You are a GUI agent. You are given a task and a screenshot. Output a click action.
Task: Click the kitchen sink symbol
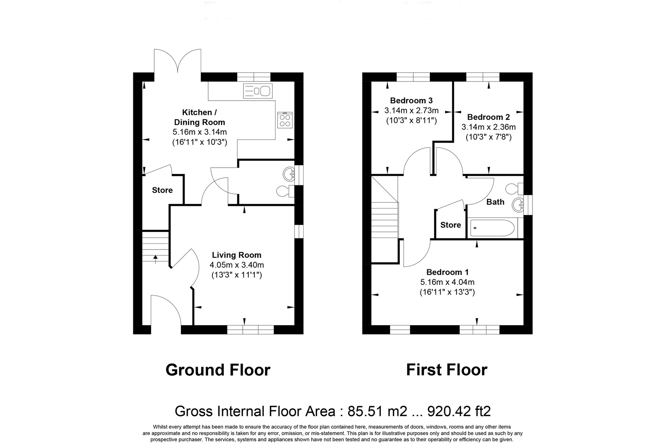tap(258, 90)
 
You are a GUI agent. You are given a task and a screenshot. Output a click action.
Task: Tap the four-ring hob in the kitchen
tap(285, 120)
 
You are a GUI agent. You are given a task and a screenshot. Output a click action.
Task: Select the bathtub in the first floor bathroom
tap(492, 228)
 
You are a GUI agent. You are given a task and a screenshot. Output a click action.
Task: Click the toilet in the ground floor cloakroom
tap(285, 192)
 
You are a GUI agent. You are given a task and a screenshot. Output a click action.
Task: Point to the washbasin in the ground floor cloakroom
tap(288, 174)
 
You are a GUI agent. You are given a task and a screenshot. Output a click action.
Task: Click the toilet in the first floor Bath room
tap(514, 189)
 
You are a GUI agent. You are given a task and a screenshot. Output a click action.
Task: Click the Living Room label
tap(237, 255)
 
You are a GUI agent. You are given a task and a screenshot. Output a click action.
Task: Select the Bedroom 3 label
tap(411, 100)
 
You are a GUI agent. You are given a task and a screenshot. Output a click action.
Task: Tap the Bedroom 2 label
tap(489, 117)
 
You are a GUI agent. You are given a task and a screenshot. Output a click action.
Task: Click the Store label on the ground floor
tap(162, 190)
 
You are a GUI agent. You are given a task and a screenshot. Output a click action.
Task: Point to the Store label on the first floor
tap(450, 225)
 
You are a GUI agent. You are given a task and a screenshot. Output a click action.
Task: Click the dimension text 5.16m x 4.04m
tap(447, 282)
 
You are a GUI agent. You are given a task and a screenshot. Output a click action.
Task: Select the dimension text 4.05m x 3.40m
tap(237, 265)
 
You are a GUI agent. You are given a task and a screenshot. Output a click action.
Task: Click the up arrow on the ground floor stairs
tap(155, 259)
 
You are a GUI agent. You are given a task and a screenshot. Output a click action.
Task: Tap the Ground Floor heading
tap(218, 370)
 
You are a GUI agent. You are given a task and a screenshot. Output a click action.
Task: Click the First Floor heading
tap(447, 370)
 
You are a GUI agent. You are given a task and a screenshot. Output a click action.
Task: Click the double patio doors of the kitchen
tap(177, 61)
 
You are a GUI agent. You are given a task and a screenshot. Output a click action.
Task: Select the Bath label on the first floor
tap(495, 202)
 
